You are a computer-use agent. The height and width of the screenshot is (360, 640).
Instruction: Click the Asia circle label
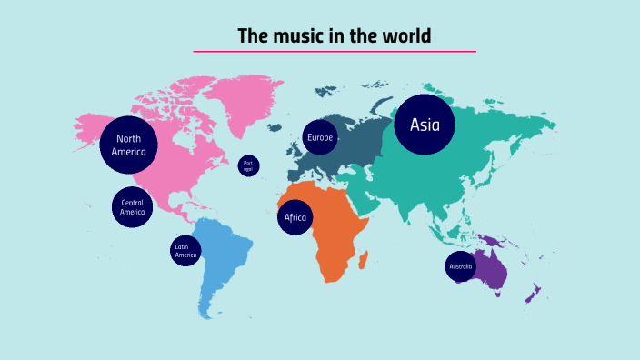click(x=425, y=125)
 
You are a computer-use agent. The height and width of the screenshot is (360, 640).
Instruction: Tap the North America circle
click(x=129, y=145)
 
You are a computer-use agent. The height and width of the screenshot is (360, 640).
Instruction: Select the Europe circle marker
click(x=320, y=138)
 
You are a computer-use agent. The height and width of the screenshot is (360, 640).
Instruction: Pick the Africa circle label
click(x=295, y=218)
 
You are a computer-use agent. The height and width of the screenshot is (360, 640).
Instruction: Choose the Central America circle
click(x=132, y=207)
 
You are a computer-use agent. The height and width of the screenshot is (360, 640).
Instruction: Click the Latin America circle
click(x=185, y=251)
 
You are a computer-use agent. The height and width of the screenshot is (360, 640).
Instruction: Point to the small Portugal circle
click(x=248, y=166)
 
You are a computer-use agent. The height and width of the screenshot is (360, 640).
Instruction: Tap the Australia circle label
click(x=460, y=267)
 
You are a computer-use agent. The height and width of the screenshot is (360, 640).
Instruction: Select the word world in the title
click(x=406, y=36)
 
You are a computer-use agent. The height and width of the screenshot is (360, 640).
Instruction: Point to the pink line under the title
click(x=335, y=52)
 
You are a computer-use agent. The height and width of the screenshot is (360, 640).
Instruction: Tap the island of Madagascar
click(x=364, y=261)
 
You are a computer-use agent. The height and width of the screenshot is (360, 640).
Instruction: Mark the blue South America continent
click(x=222, y=264)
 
